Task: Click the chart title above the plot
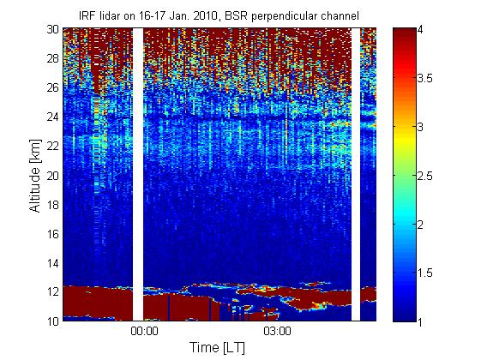[219, 15]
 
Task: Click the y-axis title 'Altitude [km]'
[35, 176]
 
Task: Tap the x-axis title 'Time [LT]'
[218, 347]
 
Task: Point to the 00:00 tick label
[144, 331]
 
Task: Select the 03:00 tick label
[277, 331]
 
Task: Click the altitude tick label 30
[53, 29]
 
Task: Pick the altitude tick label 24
[53, 117]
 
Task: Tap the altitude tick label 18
[53, 205]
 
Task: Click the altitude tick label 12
[53, 291]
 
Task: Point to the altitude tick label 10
[53, 321]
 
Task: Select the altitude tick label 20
[53, 176]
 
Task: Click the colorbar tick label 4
[420, 30]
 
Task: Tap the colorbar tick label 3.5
[425, 79]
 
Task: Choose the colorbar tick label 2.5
[425, 176]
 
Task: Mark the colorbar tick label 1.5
[425, 273]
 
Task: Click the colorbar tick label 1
[420, 321]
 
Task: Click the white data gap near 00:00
[138, 175]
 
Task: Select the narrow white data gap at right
[356, 175]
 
